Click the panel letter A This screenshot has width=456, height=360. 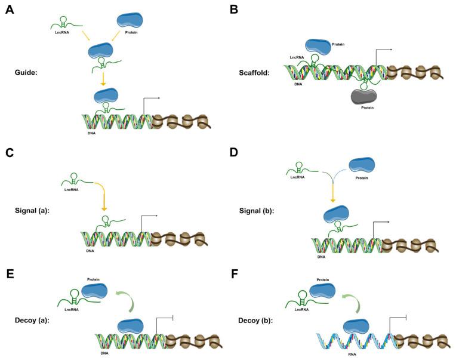(x=10, y=10)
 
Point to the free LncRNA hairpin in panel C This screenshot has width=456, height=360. (x=75, y=177)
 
